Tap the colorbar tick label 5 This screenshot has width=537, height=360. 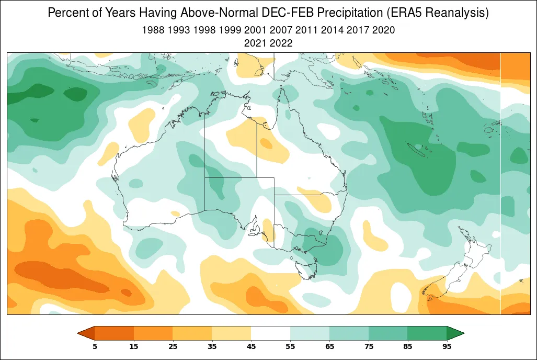95,346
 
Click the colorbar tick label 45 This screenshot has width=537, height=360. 251,346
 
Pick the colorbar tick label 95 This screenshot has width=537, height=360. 447,346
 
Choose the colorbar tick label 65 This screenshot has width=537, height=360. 329,346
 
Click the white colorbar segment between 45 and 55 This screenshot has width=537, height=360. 270,333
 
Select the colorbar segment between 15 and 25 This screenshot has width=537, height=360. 153,333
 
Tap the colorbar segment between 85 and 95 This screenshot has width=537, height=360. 427,333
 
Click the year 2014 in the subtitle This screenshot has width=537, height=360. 333,30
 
